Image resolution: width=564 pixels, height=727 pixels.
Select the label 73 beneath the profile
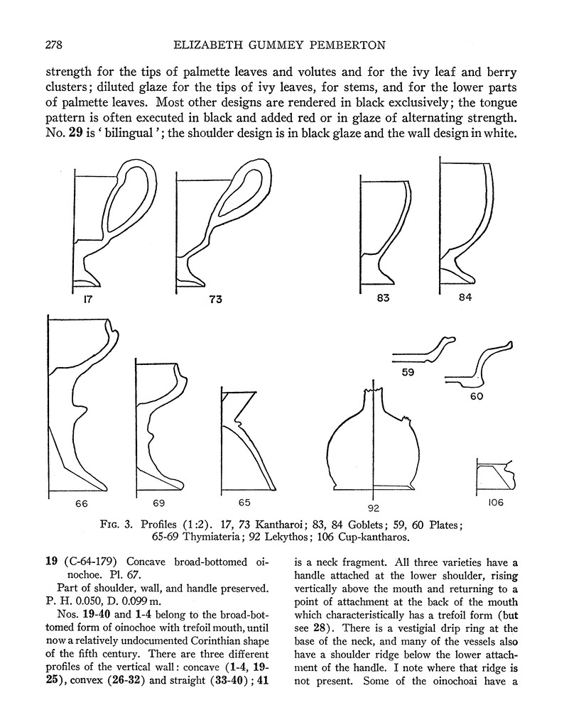click(215, 299)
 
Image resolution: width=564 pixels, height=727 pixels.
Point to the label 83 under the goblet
click(383, 298)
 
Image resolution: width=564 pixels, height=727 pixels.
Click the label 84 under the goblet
click(465, 297)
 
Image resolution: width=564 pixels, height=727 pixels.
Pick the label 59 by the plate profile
click(408, 372)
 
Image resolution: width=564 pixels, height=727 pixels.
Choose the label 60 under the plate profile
click(477, 396)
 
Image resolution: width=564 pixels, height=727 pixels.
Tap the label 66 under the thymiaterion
click(81, 503)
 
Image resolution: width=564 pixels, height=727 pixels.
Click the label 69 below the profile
click(158, 503)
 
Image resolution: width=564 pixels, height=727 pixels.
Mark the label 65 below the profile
click(244, 503)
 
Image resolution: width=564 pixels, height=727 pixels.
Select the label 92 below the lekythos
click(374, 508)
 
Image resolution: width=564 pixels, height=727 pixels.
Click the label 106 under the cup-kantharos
click(496, 503)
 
